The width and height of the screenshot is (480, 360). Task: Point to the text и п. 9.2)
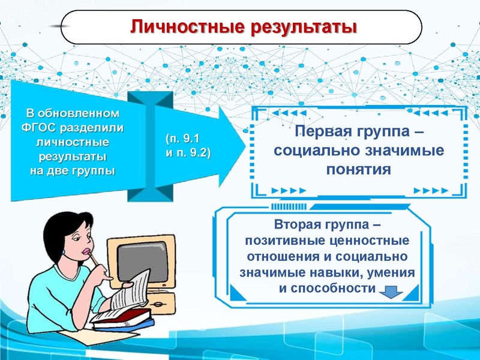(x=187, y=152)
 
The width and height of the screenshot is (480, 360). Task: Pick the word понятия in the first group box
(x=359, y=169)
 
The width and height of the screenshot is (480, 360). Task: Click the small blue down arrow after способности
(x=389, y=290)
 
